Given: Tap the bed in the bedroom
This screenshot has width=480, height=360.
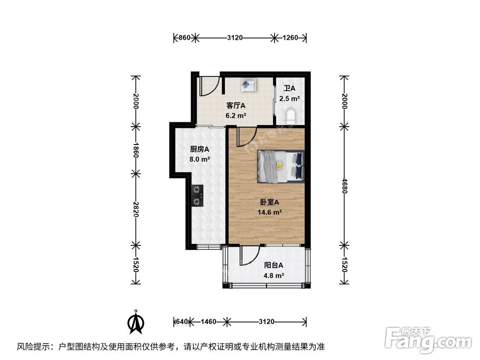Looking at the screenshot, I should tap(281, 167).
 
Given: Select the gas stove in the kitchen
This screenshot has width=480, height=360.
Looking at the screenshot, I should tap(197, 196).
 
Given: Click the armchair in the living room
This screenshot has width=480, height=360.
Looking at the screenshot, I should tap(248, 85).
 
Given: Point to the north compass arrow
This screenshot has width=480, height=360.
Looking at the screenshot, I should tap(136, 323).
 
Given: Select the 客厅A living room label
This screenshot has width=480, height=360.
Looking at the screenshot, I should tap(236, 106).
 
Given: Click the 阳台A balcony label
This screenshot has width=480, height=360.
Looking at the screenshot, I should tap(274, 265).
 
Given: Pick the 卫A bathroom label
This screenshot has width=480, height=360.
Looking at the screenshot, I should tap(289, 88).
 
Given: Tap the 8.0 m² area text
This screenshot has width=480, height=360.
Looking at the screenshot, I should tap(200, 159).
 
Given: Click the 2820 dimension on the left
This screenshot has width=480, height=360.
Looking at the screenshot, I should tap(136, 209).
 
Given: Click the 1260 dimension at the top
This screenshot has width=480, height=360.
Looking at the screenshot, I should tap(290, 37).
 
